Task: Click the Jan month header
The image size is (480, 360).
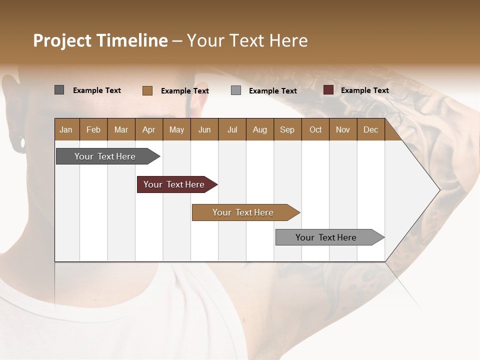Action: (66, 129)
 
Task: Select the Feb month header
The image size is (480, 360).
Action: (93, 129)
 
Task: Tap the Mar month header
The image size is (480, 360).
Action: (121, 129)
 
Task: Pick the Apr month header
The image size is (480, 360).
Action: (148, 129)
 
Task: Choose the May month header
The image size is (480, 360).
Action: (176, 129)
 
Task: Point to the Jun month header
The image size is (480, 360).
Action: (204, 129)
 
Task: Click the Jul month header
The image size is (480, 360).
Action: (232, 129)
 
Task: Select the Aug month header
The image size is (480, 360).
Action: (259, 129)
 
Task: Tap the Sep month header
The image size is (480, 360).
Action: (287, 129)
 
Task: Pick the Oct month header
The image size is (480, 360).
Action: (315, 129)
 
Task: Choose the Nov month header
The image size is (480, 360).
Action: (343, 129)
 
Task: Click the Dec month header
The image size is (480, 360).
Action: (370, 129)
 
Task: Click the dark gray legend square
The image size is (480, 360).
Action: (59, 90)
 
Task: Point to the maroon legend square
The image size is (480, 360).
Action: (328, 90)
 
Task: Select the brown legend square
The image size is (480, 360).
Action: (147, 90)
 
